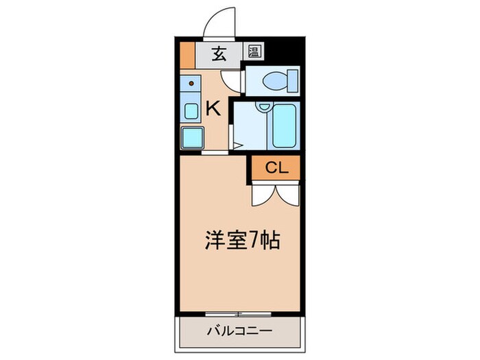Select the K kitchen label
(x=213, y=108)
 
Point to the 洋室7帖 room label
(x=241, y=241)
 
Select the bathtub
(x=284, y=127)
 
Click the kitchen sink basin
(x=191, y=112)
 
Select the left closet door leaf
(x=261, y=194)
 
